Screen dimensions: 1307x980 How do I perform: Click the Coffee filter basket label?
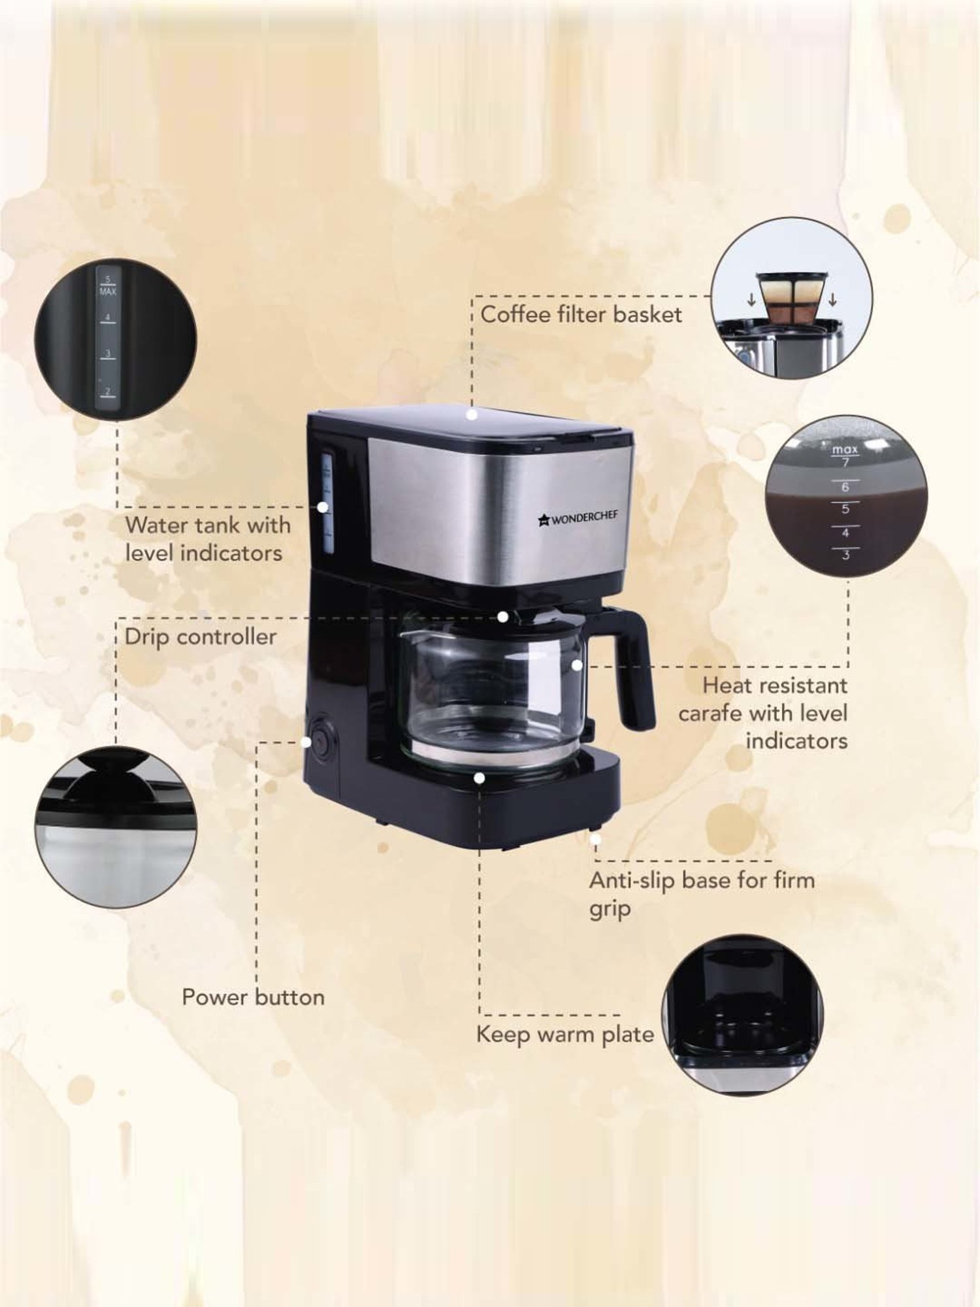point(581,314)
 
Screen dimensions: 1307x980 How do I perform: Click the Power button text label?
point(253,997)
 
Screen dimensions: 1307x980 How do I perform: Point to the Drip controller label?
point(200,637)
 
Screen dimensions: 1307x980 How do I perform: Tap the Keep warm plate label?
point(564,1034)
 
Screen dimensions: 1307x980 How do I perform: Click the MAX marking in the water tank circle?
point(108,292)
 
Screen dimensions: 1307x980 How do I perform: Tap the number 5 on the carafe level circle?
point(845,509)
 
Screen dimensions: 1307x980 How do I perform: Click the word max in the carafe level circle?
point(845,450)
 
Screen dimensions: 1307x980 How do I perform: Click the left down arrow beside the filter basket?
point(751,301)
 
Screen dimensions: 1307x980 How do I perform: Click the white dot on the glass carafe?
point(576,665)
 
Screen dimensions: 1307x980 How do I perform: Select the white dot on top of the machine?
point(472,414)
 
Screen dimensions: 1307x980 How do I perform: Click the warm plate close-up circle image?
point(742,1014)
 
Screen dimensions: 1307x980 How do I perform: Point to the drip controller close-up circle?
point(116,827)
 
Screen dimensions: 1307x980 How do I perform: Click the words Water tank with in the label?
point(208,525)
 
